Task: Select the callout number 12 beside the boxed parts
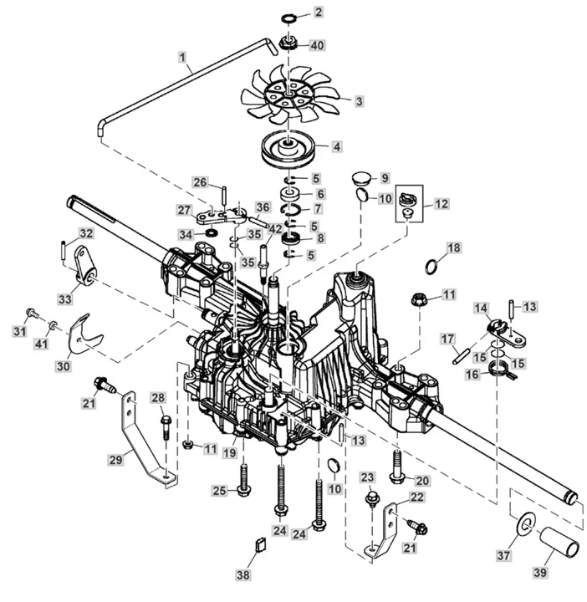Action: (442, 203)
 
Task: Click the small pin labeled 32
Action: (64, 249)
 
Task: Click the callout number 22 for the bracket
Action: (416, 497)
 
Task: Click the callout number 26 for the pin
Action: (200, 182)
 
